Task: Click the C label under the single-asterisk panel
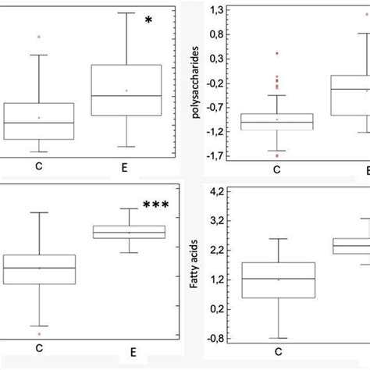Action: (x=38, y=165)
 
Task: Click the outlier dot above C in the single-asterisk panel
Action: (x=39, y=37)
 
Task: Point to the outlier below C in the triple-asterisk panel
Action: (x=39, y=334)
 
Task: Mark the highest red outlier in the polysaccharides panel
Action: (x=277, y=53)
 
